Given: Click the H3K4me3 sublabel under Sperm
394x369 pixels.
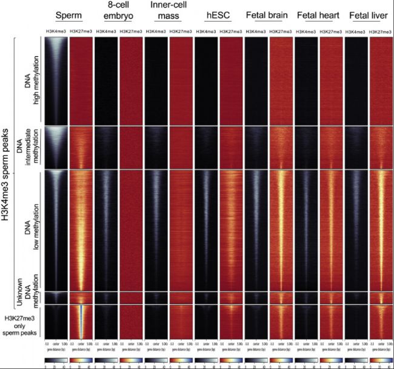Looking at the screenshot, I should pyautogui.click(x=55, y=30).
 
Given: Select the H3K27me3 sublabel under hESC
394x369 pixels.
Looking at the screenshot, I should pyautogui.click(x=231, y=30).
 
